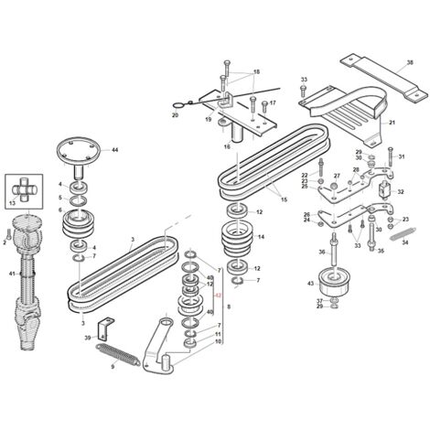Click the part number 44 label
point(114,150)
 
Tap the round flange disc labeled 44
point(79,150)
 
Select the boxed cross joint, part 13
point(24,191)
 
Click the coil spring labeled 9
point(118,355)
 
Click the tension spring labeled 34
point(403,233)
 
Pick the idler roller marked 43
point(334,281)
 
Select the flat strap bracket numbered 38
point(384,77)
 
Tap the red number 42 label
point(218,296)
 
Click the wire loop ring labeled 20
point(177,105)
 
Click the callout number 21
point(392,123)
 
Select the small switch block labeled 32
point(384,190)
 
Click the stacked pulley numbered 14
point(237,239)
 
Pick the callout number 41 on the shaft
point(12,274)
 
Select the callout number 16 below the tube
point(227,146)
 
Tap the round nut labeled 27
point(334,186)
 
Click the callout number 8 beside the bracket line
point(229,306)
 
